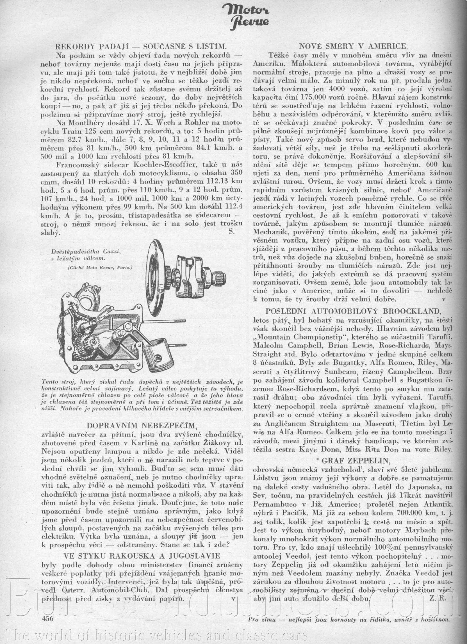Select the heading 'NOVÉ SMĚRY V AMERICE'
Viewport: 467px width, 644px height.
coord(354,46)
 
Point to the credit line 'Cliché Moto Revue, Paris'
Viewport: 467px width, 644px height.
coord(100,267)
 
